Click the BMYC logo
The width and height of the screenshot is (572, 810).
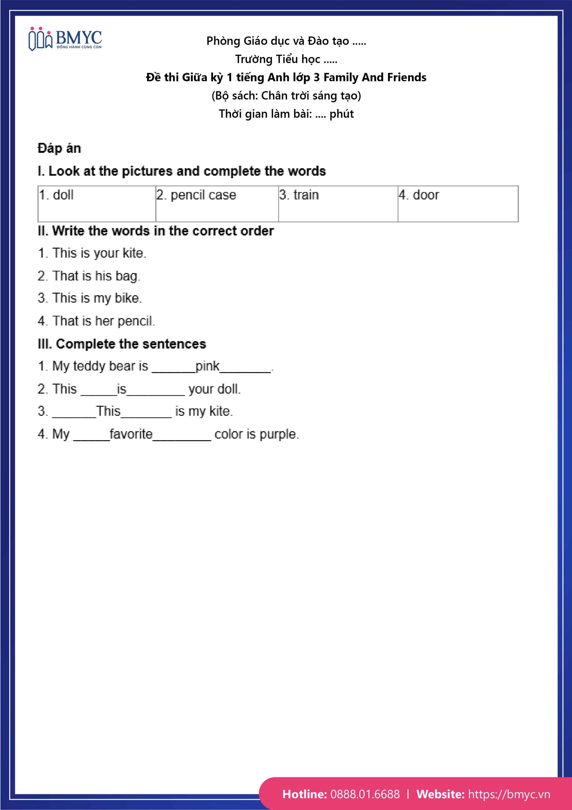click(65, 39)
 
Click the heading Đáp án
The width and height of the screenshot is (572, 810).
click(59, 148)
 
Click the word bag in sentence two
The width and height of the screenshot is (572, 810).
click(127, 276)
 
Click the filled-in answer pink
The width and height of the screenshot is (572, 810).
click(207, 366)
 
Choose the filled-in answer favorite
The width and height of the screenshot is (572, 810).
click(131, 434)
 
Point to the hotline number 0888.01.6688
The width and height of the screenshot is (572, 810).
click(365, 794)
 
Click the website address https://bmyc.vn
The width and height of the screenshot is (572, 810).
click(509, 794)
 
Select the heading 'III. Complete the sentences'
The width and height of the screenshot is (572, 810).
click(122, 344)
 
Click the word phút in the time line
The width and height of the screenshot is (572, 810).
click(342, 114)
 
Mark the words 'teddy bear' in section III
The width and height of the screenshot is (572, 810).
click(104, 366)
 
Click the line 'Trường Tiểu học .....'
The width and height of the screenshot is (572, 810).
click(286, 59)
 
